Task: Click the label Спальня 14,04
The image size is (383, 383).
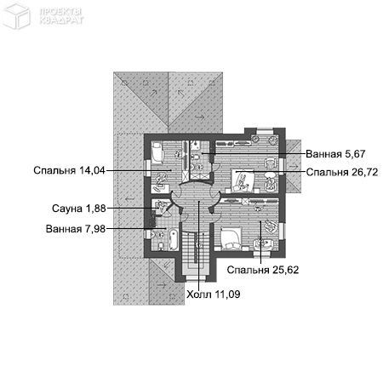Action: [69, 170]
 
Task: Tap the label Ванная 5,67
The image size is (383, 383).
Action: [335, 154]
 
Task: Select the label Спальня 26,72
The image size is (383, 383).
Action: [342, 172]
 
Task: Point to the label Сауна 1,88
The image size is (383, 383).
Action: [79, 209]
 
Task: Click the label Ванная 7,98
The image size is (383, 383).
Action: [76, 229]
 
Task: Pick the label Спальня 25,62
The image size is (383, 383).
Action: [263, 270]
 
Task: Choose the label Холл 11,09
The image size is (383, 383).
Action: [213, 294]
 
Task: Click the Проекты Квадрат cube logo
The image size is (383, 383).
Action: [16, 15]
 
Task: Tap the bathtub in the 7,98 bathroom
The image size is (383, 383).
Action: [174, 240]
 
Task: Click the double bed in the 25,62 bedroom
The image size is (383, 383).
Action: [232, 238]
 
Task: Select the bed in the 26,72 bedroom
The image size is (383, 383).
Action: [243, 181]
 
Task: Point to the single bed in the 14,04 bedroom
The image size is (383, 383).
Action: [157, 153]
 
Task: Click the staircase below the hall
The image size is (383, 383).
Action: [196, 249]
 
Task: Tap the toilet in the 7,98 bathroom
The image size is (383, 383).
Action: [161, 246]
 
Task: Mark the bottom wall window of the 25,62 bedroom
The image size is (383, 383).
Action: [261, 254]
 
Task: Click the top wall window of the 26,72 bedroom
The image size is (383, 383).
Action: [266, 131]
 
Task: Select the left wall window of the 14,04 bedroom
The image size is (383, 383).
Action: [147, 169]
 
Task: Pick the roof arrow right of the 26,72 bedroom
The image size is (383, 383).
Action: [293, 166]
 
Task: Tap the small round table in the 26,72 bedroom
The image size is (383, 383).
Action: [270, 174]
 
